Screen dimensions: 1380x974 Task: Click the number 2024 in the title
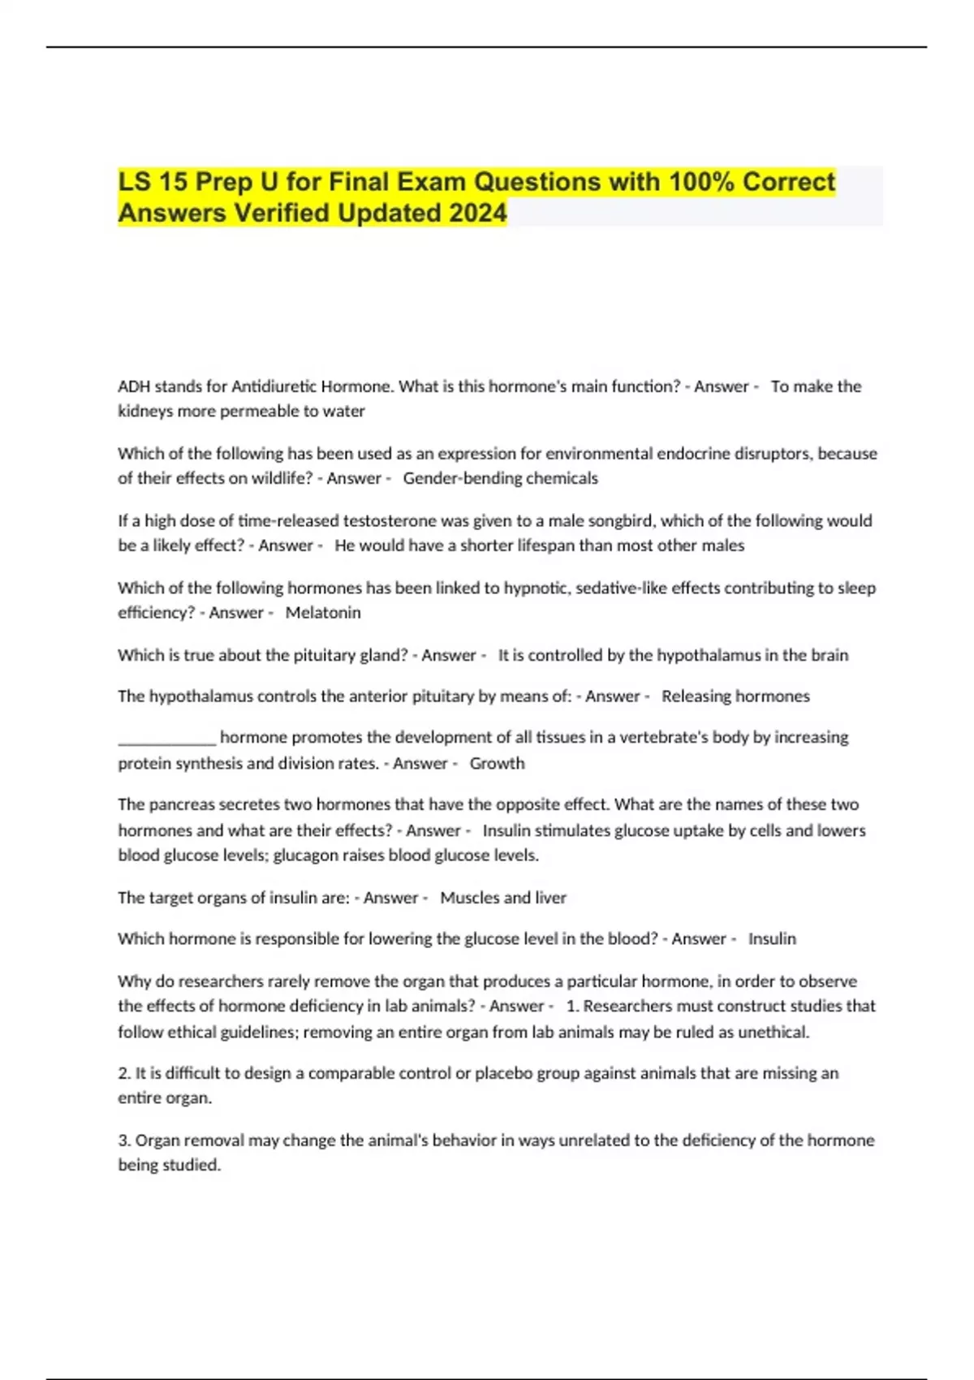tap(476, 213)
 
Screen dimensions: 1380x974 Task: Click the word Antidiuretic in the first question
tap(274, 386)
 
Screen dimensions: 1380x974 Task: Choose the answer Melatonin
tap(323, 613)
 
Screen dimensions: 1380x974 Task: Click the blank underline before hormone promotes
tap(167, 739)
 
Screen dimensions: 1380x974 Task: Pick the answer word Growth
tap(497, 763)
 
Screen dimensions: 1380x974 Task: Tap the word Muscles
tap(468, 898)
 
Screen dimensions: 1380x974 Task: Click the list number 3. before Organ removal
tap(124, 1141)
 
